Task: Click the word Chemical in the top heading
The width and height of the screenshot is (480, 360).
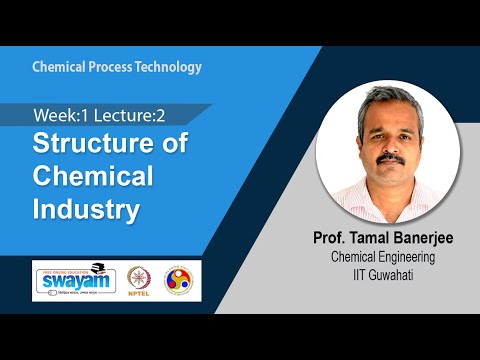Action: click(x=60, y=68)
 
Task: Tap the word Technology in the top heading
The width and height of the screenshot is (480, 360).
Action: click(x=169, y=68)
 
